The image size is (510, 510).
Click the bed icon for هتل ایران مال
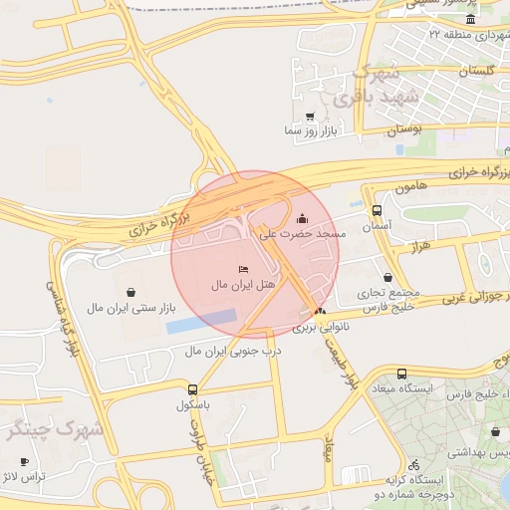[x=244, y=270]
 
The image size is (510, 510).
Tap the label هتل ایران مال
[x=242, y=286]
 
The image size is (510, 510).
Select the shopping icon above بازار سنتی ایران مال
[x=131, y=292]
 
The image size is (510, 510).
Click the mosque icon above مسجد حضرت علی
[x=303, y=218]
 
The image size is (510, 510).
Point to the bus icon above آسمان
[x=377, y=211]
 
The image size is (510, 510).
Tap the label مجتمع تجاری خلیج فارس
[x=386, y=302]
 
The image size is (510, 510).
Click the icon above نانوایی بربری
[x=319, y=312]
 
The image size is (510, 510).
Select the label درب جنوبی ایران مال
[x=236, y=352]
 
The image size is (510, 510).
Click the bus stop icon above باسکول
[x=192, y=389]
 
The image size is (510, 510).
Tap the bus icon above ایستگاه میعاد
[x=401, y=375]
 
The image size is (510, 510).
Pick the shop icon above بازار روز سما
[x=310, y=117]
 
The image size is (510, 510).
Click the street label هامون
[x=382, y=186]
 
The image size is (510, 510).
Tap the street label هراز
[x=418, y=245]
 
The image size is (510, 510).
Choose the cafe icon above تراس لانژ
[x=25, y=462]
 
